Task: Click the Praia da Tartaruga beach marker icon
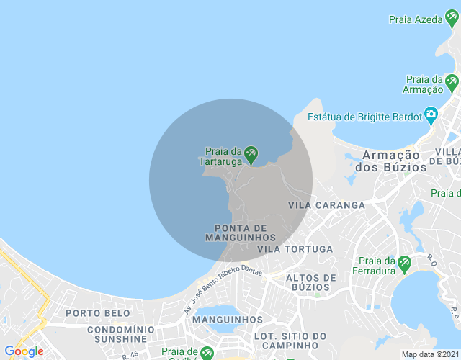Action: (251, 153)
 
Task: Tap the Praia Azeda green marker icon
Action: (452, 20)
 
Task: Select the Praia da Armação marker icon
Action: (452, 81)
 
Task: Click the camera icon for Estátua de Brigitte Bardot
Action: (431, 114)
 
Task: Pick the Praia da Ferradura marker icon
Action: (404, 264)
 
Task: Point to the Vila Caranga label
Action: (326, 205)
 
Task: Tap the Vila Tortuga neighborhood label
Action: (300, 249)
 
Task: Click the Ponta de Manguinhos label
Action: (241, 233)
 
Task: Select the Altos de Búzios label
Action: (311, 282)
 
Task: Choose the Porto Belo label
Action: (98, 313)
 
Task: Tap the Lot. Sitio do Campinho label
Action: (290, 341)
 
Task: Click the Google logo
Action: (24, 351)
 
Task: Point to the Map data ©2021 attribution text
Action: (429, 354)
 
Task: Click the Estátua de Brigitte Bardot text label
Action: (364, 117)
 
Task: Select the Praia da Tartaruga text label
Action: (222, 156)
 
